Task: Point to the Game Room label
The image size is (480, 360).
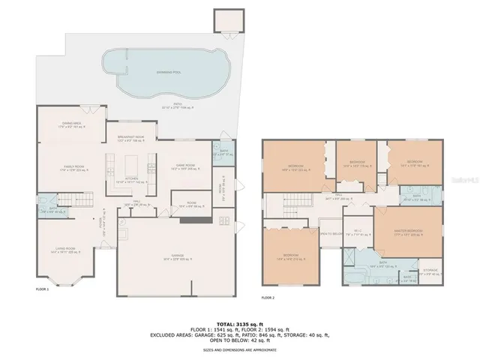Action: click(x=184, y=166)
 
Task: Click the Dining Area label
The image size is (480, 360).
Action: click(x=72, y=124)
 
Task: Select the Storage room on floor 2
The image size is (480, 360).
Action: click(x=430, y=271)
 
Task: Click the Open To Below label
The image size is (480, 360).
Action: click(x=331, y=233)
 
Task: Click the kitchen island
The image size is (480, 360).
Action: click(x=136, y=164)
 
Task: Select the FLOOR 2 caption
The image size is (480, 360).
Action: click(x=268, y=298)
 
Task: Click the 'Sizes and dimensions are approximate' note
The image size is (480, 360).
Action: click(x=240, y=349)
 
